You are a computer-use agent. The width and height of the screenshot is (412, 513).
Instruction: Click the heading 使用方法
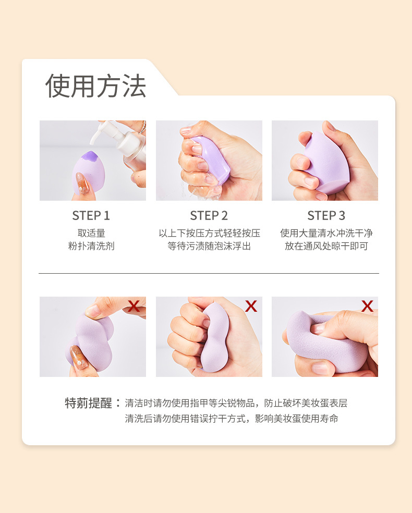tap(95, 85)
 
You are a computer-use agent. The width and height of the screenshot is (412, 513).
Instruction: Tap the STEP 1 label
tap(91, 216)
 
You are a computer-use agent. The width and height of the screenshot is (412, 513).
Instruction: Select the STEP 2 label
tap(209, 216)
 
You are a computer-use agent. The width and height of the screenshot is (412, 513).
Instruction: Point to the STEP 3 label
tap(326, 216)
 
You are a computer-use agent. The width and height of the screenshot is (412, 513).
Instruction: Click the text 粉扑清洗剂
tap(91, 246)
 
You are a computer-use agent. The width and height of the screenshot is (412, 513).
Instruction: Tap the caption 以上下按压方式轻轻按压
tap(210, 233)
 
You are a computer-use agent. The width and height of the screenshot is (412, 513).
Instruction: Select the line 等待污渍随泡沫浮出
tap(209, 246)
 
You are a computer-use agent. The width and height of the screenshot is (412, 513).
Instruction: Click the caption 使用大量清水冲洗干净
tap(326, 233)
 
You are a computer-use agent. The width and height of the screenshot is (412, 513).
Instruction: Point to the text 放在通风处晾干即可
tap(326, 246)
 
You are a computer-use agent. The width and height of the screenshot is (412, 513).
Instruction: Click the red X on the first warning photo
tap(134, 306)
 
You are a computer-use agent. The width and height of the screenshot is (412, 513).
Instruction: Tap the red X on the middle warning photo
tap(251, 306)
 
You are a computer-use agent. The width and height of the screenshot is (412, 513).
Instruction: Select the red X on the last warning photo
tap(367, 306)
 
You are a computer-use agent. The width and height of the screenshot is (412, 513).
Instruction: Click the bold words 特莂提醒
tap(88, 403)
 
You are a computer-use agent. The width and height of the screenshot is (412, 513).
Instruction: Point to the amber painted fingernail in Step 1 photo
tap(82, 183)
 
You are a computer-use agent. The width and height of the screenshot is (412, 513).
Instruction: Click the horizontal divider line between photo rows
tap(209, 273)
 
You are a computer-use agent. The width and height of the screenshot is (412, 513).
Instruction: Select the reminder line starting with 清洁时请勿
tap(236, 403)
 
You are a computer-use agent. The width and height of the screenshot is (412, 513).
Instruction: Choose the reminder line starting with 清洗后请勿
tap(232, 419)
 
